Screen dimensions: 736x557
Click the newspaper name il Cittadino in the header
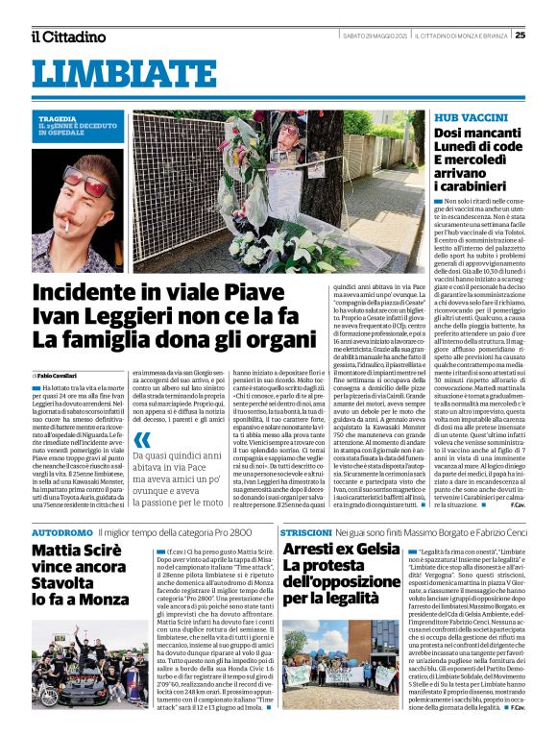tap(67, 37)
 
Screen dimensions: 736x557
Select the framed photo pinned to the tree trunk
tap(289, 141)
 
